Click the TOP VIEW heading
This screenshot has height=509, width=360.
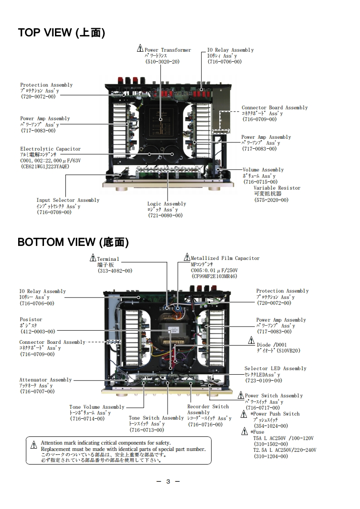(x=61, y=33)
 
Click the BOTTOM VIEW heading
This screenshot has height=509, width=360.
(x=73, y=242)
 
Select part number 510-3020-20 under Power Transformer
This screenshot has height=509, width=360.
(x=162, y=61)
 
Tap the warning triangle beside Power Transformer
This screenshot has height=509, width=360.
(x=140, y=49)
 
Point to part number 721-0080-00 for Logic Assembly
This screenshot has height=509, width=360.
(x=165, y=215)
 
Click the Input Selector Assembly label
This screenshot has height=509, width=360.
(x=68, y=200)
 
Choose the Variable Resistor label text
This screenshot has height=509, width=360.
(x=277, y=188)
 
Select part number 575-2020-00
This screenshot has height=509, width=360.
(x=271, y=200)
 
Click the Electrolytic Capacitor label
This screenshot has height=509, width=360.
(x=50, y=149)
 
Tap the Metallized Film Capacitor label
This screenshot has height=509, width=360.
(x=225, y=258)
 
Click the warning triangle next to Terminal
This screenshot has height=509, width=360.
(x=93, y=258)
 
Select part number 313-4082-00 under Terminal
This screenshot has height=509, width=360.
(x=115, y=270)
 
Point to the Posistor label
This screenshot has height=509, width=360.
(x=31, y=320)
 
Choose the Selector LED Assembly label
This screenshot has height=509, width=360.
(x=275, y=369)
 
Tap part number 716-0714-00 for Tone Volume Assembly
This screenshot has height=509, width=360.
(x=87, y=419)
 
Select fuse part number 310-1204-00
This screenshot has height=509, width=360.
(x=271, y=456)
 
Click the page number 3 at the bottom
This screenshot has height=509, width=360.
(x=168, y=481)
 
